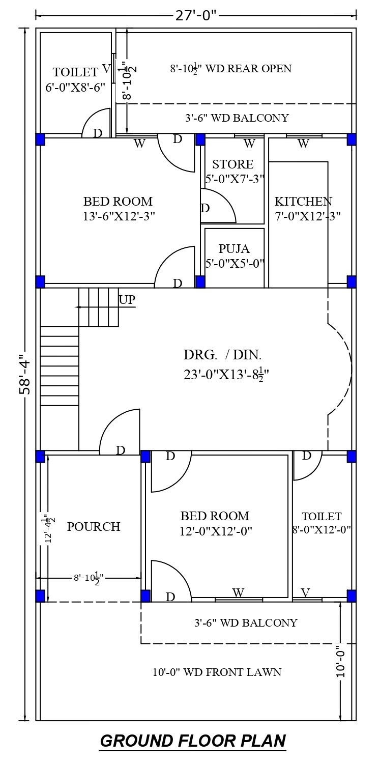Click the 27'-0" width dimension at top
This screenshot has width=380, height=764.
click(x=196, y=16)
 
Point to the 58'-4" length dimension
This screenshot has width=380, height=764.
click(x=25, y=375)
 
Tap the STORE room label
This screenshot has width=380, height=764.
click(x=233, y=164)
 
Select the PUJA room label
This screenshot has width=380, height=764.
click(x=234, y=248)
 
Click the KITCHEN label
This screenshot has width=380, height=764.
click(x=303, y=201)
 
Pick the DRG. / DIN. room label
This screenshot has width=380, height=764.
click(x=222, y=355)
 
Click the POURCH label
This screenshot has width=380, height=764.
click(x=94, y=527)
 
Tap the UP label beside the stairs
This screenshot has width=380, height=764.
click(x=127, y=299)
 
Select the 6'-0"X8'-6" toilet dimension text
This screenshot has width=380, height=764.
click(x=75, y=88)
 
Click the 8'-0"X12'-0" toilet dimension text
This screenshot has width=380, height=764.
click(x=321, y=530)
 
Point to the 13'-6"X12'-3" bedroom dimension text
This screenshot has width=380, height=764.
click(x=119, y=216)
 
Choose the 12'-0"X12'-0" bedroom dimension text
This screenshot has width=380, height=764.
click(x=216, y=531)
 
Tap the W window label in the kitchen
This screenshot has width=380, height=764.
click(x=303, y=144)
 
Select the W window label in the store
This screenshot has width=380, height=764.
click(x=249, y=144)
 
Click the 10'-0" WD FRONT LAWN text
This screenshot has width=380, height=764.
click(x=217, y=672)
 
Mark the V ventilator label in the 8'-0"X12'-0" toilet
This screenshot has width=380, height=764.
click(x=306, y=592)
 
